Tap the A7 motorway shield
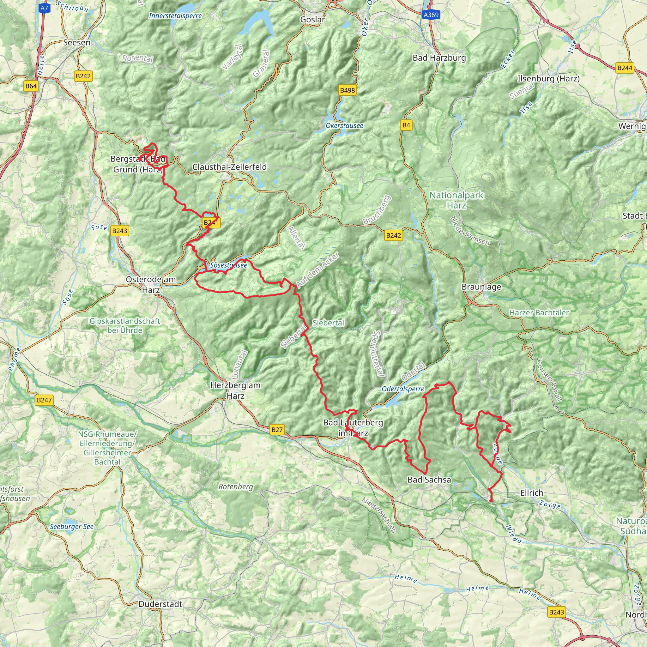(x=44, y=8)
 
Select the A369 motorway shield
(x=431, y=15)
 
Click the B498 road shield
(x=347, y=90)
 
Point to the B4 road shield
(x=406, y=125)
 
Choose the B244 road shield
(x=625, y=68)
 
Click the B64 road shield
(x=31, y=86)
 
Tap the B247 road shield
(x=44, y=400)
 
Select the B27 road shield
(x=277, y=430)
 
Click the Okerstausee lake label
(x=344, y=126)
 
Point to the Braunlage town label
(x=481, y=287)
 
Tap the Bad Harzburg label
(x=439, y=58)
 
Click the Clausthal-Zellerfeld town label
(x=229, y=167)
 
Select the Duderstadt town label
(x=160, y=604)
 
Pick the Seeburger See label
(x=72, y=527)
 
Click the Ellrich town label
(x=532, y=493)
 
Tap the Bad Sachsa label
(x=429, y=480)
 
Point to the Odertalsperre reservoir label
(x=403, y=389)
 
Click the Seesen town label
(x=77, y=43)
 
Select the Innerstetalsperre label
(x=175, y=16)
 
